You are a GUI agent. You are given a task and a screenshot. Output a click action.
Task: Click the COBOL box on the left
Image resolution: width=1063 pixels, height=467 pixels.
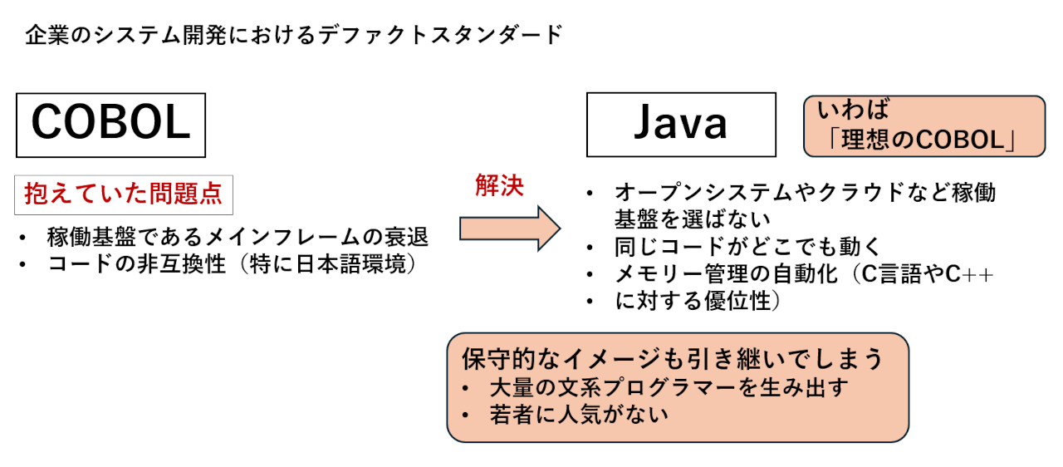tap(110, 125)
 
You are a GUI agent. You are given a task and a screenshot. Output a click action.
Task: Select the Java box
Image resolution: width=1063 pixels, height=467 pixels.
tap(681, 125)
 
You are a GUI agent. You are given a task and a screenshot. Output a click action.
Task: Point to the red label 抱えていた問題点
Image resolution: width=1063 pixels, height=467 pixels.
tap(124, 194)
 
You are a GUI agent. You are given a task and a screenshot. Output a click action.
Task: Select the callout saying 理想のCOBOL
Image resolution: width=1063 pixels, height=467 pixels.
tap(923, 126)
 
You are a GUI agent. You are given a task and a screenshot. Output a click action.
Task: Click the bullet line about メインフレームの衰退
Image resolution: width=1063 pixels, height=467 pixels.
tap(238, 238)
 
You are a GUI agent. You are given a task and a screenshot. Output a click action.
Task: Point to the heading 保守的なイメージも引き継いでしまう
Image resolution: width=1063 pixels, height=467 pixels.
tap(672, 359)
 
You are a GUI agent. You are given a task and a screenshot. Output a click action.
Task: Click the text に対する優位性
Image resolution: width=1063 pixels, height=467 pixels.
tap(698, 302)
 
